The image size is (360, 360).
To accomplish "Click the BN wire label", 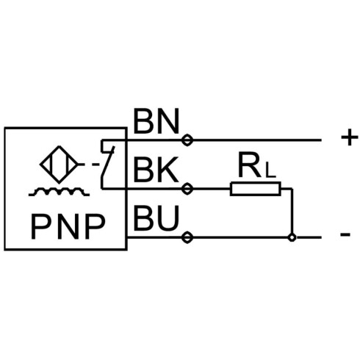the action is (x=156, y=121).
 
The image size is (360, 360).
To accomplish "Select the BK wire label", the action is (x=156, y=170).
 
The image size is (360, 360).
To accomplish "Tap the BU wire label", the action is (x=156, y=218).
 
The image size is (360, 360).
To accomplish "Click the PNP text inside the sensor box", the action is (x=68, y=226).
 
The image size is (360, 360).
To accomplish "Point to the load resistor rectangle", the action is (x=255, y=189).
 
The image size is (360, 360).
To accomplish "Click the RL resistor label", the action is (x=257, y=165).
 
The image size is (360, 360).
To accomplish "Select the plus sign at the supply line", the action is (x=350, y=137).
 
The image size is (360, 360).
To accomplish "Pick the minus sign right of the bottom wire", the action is (x=345, y=234).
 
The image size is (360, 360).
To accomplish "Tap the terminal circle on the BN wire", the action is (x=187, y=140).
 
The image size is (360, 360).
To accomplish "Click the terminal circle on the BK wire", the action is (x=187, y=189).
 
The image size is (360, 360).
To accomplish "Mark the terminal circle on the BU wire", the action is (x=187, y=237).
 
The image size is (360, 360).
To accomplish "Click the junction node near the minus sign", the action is (x=292, y=237).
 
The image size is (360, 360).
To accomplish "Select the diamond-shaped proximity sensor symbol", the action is (x=59, y=165).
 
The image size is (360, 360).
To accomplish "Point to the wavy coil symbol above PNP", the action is (x=59, y=192).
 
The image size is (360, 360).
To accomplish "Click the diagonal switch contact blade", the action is (x=108, y=161).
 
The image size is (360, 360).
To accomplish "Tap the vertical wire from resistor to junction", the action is (x=292, y=211).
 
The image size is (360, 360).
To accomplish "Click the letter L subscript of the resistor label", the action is (x=271, y=172).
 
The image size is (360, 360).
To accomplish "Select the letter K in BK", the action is (x=169, y=170).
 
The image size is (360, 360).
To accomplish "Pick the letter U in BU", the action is (x=169, y=218).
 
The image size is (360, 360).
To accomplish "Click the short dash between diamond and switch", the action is (x=96, y=165).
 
